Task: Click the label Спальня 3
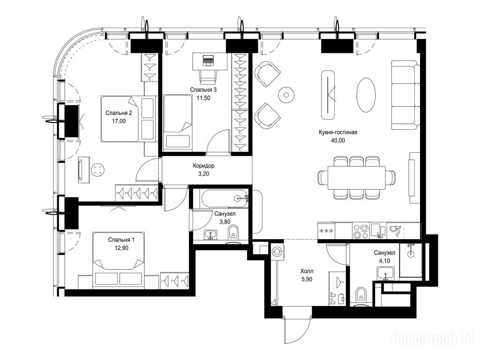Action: [x=203, y=90]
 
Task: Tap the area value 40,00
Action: [x=337, y=141]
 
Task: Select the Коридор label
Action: [x=203, y=165]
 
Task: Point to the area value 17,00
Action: [x=119, y=121]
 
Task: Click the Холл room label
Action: [x=307, y=271]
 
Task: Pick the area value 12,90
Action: [x=121, y=248]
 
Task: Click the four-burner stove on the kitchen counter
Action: [x=360, y=231]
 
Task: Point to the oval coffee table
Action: [x=366, y=95]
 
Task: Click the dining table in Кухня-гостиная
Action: [x=357, y=178]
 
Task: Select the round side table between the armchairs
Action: [x=286, y=95]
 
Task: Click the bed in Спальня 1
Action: [x=119, y=260]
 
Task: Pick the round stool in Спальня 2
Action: [x=97, y=170]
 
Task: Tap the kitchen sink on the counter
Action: [x=379, y=231]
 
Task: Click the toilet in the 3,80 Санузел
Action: [x=233, y=233]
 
